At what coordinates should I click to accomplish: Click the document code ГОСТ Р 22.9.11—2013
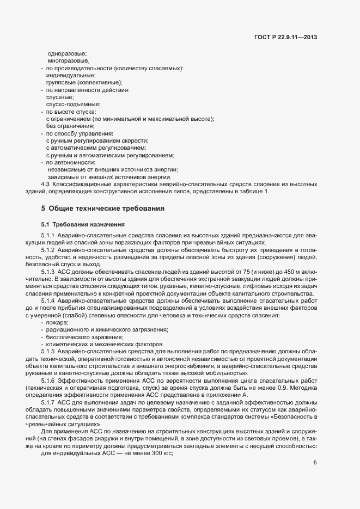285,36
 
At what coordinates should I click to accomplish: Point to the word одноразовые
67,53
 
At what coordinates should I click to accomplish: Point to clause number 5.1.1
48,235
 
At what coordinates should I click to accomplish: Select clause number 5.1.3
48,271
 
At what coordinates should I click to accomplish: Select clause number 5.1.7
48,401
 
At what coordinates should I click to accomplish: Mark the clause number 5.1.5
48,352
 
